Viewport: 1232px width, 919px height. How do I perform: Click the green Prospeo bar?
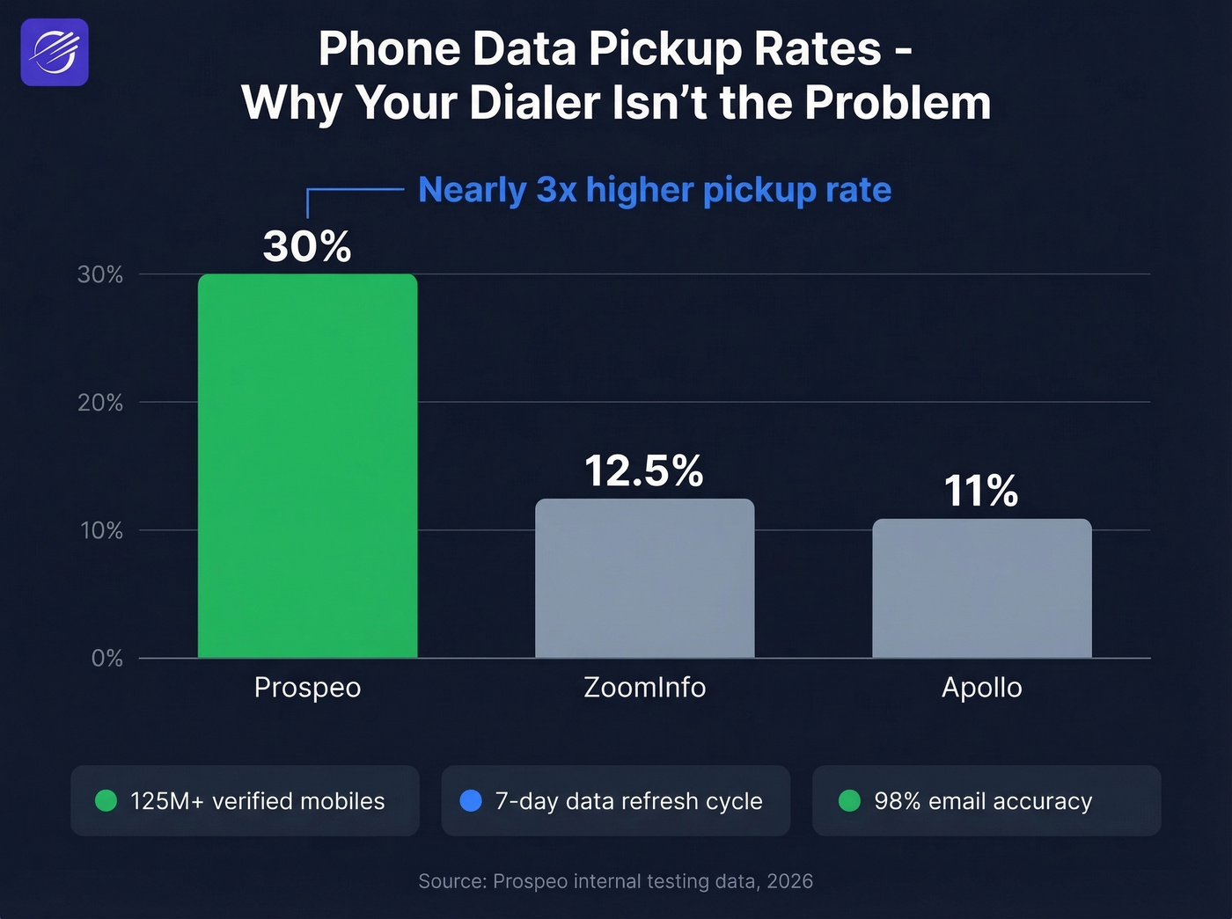[x=307, y=466]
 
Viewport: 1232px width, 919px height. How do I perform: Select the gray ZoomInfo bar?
[x=644, y=579]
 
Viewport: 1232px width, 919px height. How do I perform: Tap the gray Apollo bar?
[x=981, y=588]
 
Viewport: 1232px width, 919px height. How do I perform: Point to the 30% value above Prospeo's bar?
[x=307, y=246]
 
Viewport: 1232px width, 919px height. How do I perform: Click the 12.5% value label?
[x=644, y=471]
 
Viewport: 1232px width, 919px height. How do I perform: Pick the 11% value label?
[x=981, y=491]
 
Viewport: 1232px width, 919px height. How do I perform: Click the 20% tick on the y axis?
[x=100, y=403]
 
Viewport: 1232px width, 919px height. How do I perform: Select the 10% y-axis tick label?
[x=101, y=530]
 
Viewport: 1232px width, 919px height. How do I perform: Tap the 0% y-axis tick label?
[x=106, y=659]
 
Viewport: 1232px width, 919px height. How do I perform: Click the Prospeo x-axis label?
[x=307, y=688]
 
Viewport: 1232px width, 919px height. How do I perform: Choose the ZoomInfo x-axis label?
[x=644, y=688]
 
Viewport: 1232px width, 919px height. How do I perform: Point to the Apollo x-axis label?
[x=981, y=688]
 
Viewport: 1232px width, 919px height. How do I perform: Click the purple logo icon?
[x=55, y=52]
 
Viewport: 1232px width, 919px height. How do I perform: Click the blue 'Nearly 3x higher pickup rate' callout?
[x=655, y=190]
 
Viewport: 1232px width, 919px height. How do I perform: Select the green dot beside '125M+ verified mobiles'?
[x=106, y=801]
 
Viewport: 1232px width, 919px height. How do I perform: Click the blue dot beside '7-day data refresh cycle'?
[x=471, y=801]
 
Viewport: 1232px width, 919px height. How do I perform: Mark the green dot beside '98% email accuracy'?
[x=849, y=801]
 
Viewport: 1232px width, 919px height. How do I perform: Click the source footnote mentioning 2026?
[x=615, y=881]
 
